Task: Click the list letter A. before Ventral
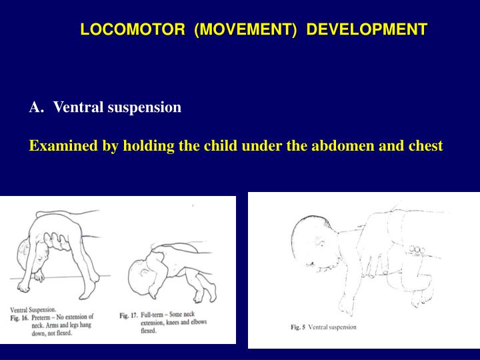37,107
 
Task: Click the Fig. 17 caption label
129,315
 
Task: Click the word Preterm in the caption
45,317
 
